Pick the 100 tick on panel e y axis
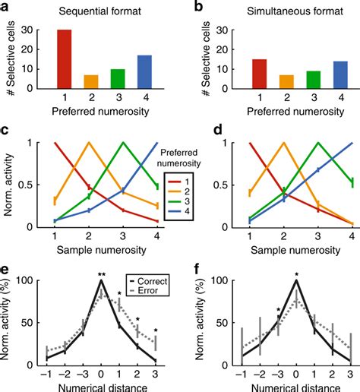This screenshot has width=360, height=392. [29, 281]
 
